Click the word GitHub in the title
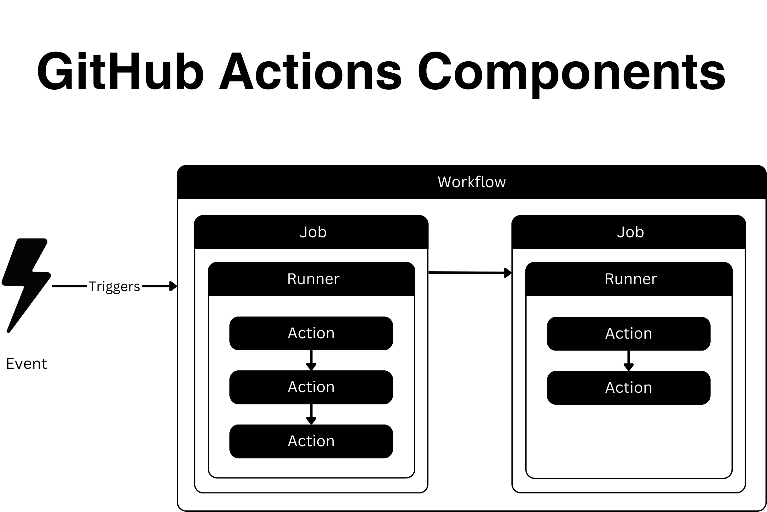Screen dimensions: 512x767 pos(120,71)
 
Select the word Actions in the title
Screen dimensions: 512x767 pos(311,71)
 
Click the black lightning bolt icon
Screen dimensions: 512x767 pos(26,284)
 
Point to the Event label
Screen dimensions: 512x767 pos(27,364)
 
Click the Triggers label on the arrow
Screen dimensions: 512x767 pos(114,286)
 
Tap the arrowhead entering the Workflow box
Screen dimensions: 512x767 pos(173,286)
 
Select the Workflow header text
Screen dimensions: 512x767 pos(471,182)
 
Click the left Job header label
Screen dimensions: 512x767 pos(313,232)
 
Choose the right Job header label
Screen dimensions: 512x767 pos(630,232)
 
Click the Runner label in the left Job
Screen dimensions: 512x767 pos(313,279)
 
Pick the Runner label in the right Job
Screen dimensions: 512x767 pos(631,279)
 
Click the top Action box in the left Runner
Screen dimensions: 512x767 pos(311,333)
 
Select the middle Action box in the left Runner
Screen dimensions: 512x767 pos(311,387)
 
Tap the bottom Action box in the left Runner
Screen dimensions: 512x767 pos(311,442)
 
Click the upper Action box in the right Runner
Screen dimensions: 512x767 pos(628,334)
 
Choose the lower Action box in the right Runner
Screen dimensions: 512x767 pos(628,388)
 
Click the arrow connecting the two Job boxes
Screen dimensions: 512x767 pos(470,273)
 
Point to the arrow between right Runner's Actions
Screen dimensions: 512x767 pos(628,361)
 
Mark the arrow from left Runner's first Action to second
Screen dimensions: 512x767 pos(311,361)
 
